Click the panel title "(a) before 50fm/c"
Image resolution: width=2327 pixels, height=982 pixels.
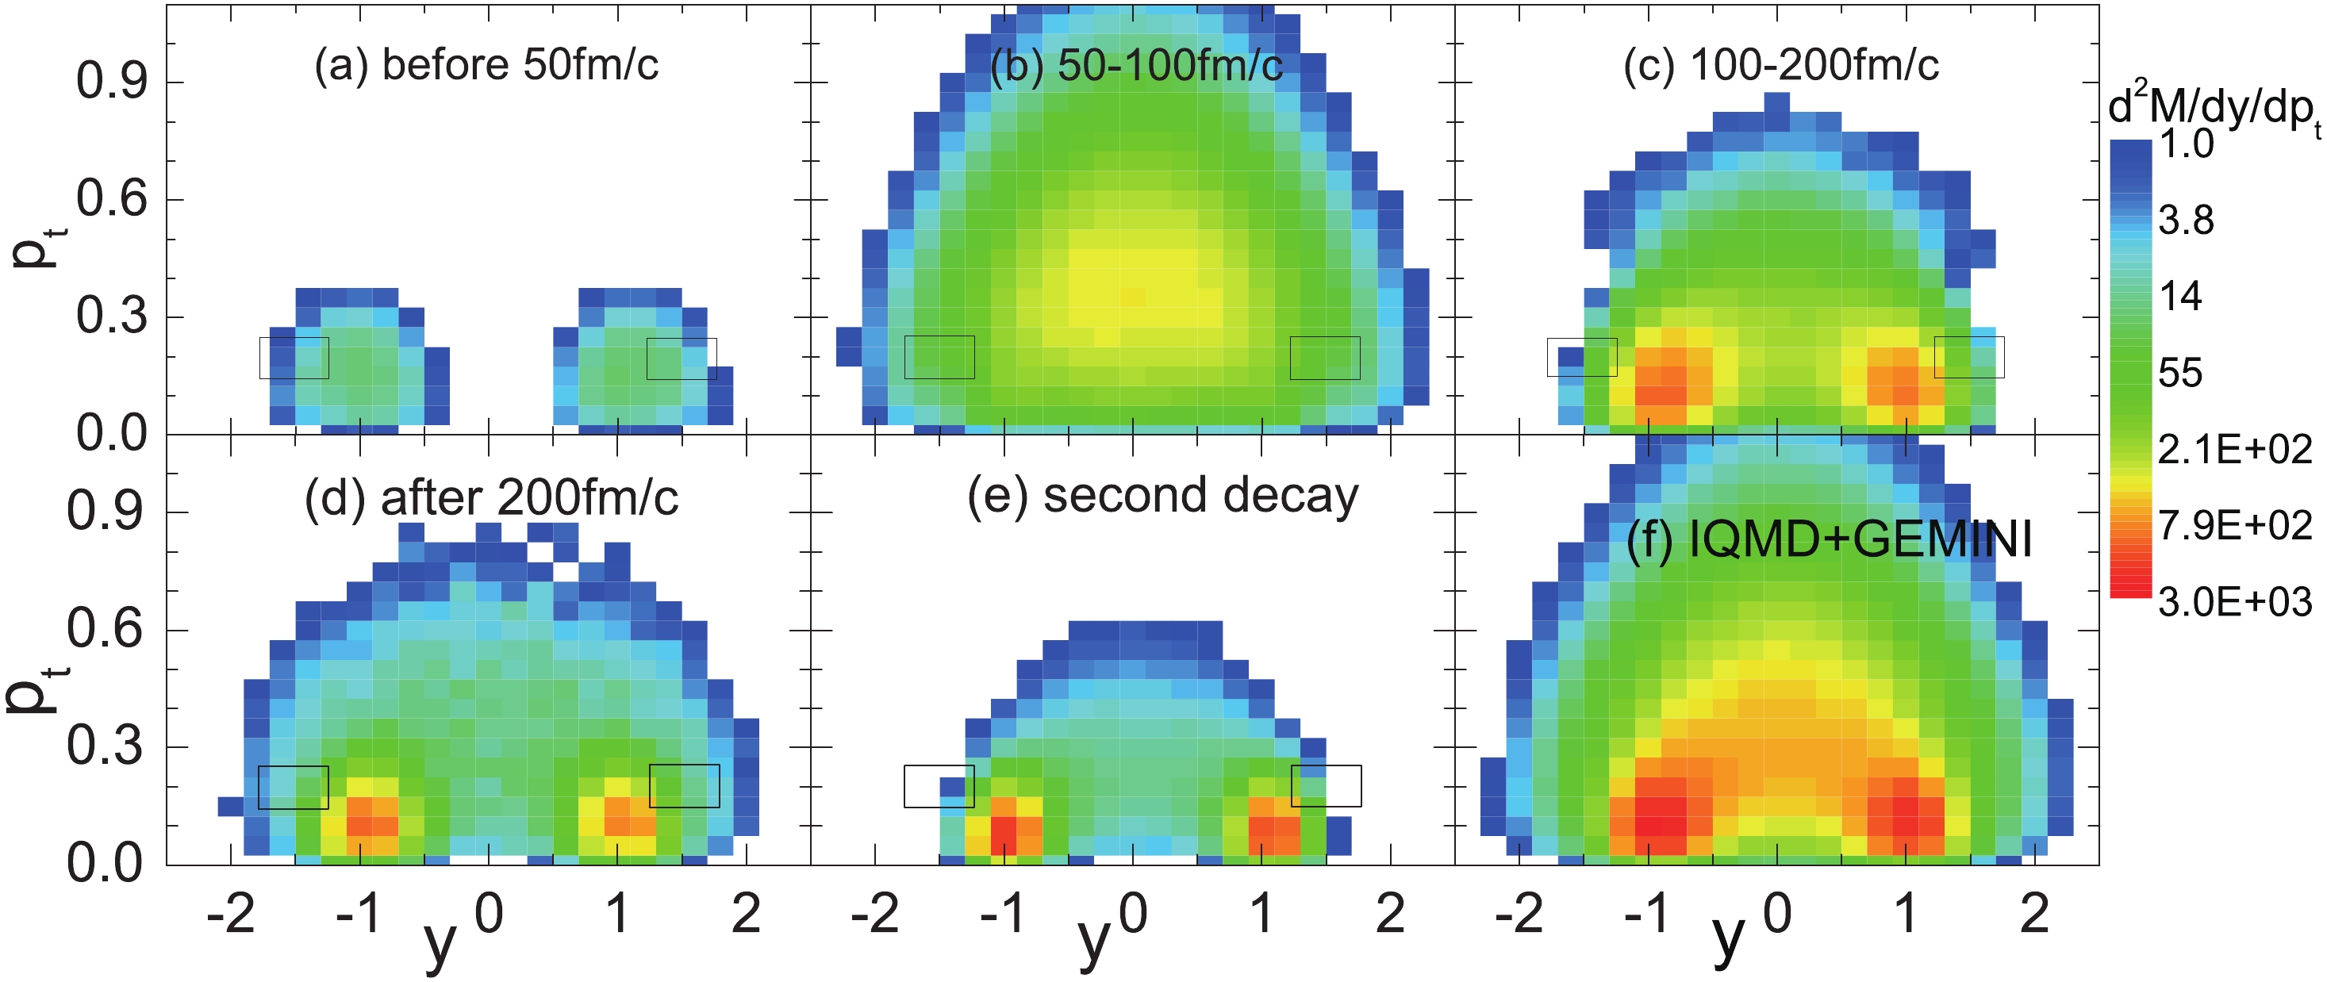click(486, 65)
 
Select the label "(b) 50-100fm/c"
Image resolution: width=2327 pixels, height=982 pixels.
click(1135, 65)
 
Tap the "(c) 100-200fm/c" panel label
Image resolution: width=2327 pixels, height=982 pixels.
click(1780, 65)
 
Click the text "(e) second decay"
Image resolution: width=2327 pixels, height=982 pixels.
click(1162, 496)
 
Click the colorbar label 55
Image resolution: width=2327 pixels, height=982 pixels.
click(2179, 373)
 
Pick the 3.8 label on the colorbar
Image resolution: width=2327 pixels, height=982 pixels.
click(2185, 221)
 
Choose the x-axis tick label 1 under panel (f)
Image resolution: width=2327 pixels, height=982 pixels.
click(1905, 915)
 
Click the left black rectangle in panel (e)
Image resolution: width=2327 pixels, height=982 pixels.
click(939, 786)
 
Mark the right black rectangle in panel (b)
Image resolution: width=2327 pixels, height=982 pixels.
click(1324, 358)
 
